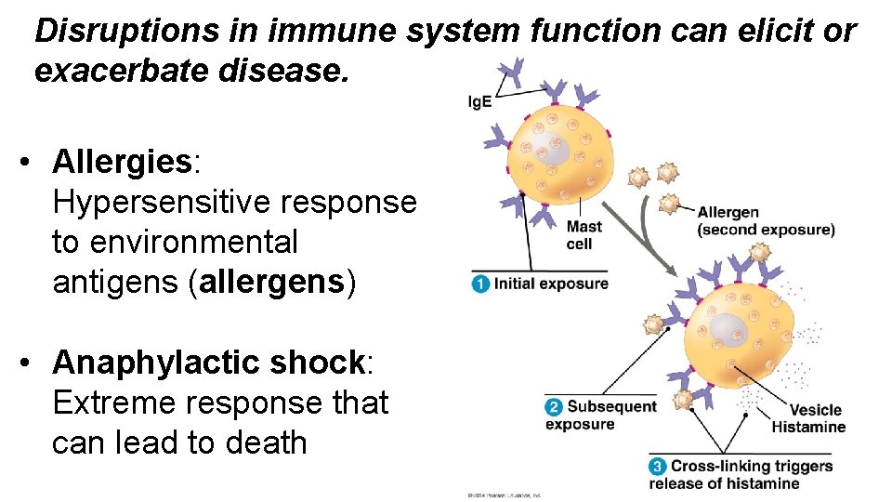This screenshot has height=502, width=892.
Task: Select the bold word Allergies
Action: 122,161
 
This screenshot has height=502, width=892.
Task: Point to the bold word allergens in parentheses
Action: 271,282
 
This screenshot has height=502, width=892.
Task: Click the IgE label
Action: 480,101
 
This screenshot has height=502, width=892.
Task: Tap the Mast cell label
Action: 584,234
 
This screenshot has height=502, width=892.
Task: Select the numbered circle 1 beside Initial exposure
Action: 480,284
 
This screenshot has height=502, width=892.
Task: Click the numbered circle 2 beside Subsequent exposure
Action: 554,407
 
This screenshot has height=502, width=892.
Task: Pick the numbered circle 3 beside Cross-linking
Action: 658,467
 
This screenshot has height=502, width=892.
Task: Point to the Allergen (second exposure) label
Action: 765,221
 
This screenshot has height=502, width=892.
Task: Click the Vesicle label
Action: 815,410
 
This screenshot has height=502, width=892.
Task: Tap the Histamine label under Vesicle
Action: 808,427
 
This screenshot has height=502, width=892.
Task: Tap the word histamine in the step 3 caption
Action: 765,483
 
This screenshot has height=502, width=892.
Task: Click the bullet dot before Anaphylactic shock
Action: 33,363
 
